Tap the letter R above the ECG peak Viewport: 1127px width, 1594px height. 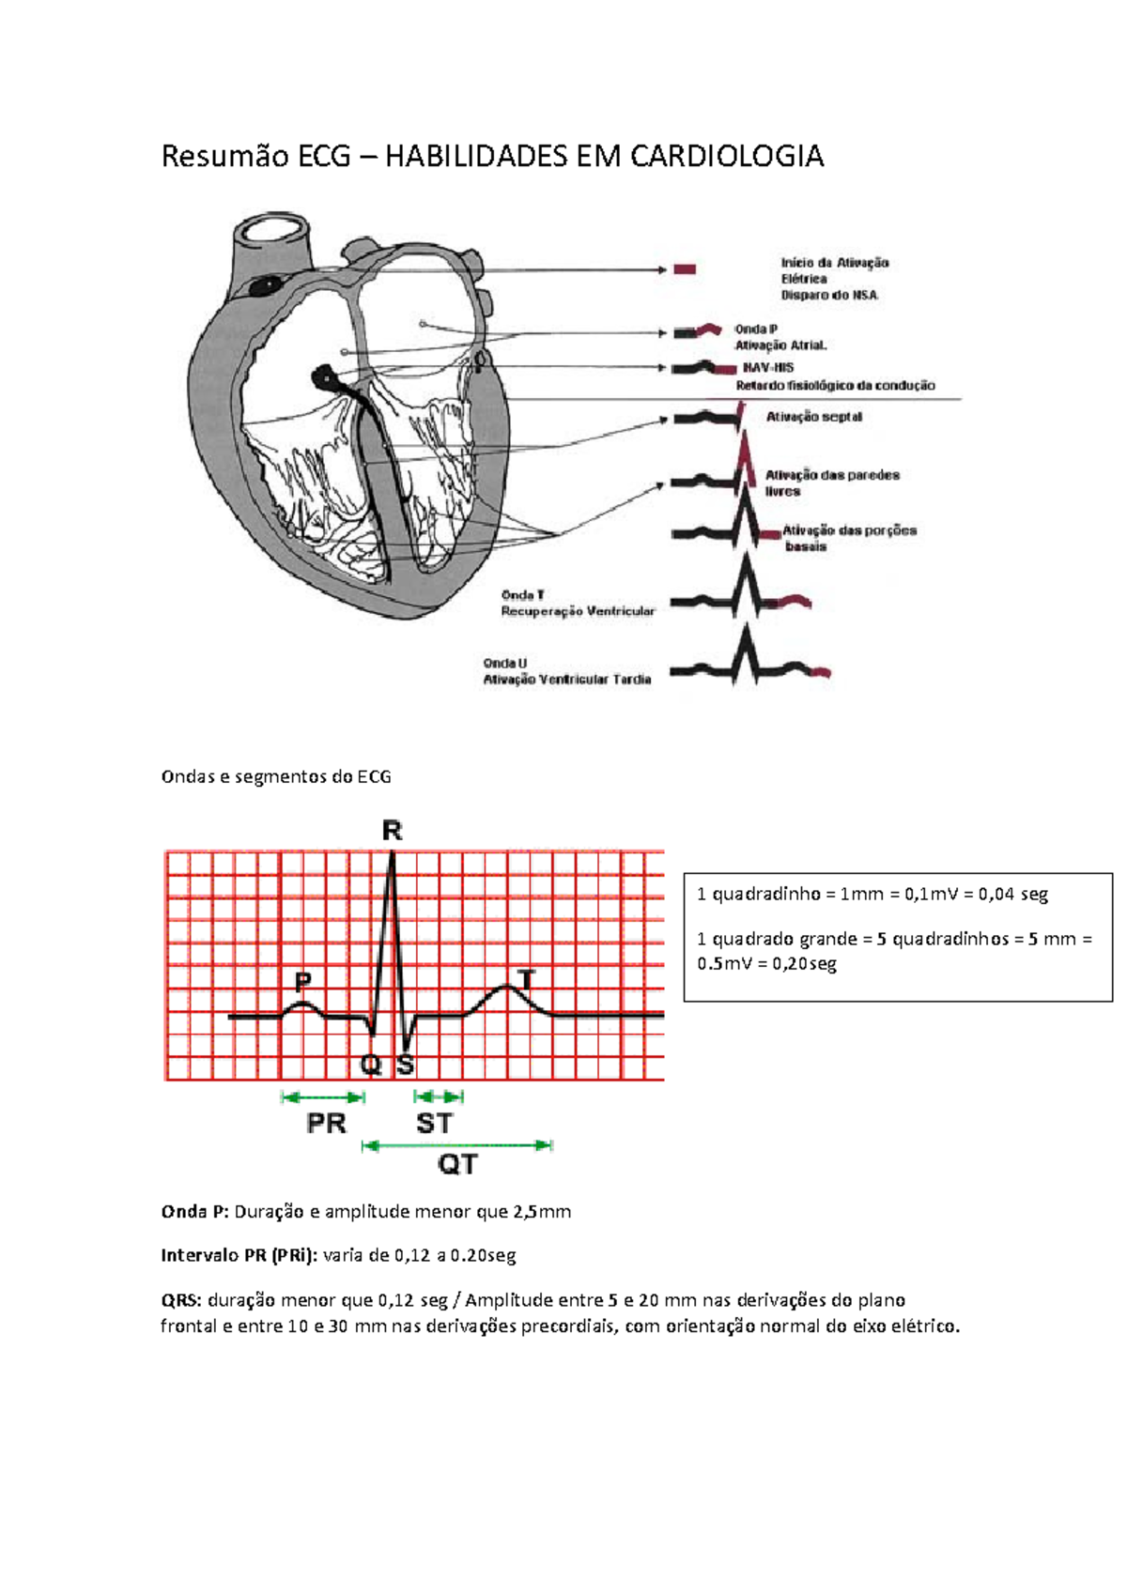(392, 831)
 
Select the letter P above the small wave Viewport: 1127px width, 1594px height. (303, 982)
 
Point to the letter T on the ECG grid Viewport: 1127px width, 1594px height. (527, 980)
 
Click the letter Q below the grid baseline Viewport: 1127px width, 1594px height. (371, 1065)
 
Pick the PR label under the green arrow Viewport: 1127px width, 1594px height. (326, 1124)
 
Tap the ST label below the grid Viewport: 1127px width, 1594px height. (434, 1124)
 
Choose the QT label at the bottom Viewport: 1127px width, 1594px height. (457, 1165)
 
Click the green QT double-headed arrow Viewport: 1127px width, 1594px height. (457, 1145)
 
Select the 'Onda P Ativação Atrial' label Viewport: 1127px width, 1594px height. (780, 337)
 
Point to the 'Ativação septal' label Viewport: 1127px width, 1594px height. (813, 417)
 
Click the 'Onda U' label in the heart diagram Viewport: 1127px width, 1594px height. (505, 663)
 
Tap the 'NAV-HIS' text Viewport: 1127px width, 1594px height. (768, 368)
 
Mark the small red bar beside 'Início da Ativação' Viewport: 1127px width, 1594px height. (685, 269)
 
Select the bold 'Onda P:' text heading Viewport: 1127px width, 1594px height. (194, 1212)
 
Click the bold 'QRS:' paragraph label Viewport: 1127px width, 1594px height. (180, 1300)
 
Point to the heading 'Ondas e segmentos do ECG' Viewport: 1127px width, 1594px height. (276, 776)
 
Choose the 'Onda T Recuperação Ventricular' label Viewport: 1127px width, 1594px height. (577, 603)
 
